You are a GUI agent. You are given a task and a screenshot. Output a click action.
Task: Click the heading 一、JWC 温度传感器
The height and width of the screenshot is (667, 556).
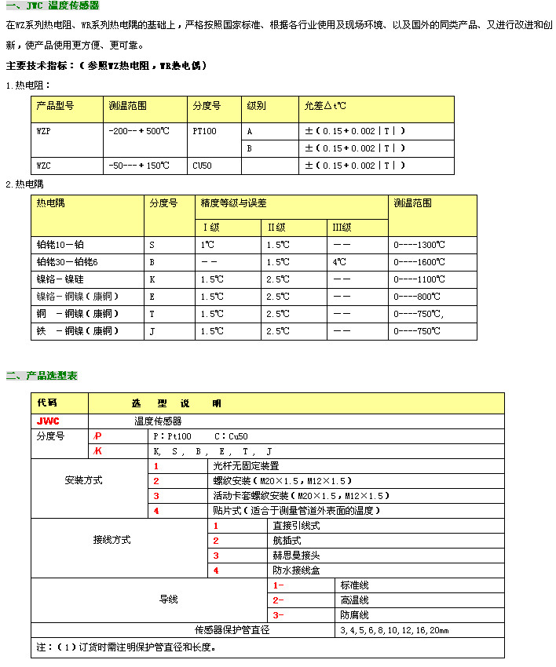[x=53, y=6]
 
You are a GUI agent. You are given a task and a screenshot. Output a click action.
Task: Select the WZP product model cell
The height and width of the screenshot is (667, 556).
[x=44, y=131]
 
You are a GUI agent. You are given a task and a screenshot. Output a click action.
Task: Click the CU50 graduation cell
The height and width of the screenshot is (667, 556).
[x=203, y=166]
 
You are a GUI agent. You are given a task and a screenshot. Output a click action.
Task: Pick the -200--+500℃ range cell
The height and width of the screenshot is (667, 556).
[x=138, y=131]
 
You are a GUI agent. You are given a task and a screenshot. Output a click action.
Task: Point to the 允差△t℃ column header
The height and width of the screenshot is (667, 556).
[x=325, y=105]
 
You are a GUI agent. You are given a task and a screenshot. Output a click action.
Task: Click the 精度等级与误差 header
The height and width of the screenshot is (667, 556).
[x=234, y=203]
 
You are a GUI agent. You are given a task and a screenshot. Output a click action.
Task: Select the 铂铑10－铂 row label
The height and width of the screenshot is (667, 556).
[x=60, y=245]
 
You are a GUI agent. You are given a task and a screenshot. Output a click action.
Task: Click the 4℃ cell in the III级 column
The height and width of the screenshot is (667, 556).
[x=339, y=262]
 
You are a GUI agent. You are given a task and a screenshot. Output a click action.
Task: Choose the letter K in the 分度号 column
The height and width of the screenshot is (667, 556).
[x=152, y=279]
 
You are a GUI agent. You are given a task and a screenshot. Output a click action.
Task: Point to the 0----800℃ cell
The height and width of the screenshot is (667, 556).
[x=417, y=297]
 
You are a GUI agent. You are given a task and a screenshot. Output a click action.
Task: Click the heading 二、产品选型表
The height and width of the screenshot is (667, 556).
[x=42, y=376]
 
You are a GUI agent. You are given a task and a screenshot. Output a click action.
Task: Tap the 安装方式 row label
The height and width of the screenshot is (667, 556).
[x=83, y=480]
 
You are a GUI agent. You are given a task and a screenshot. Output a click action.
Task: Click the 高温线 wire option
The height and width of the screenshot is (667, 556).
[x=354, y=600]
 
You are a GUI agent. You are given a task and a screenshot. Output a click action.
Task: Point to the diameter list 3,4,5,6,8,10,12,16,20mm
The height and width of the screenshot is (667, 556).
[x=394, y=630]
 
